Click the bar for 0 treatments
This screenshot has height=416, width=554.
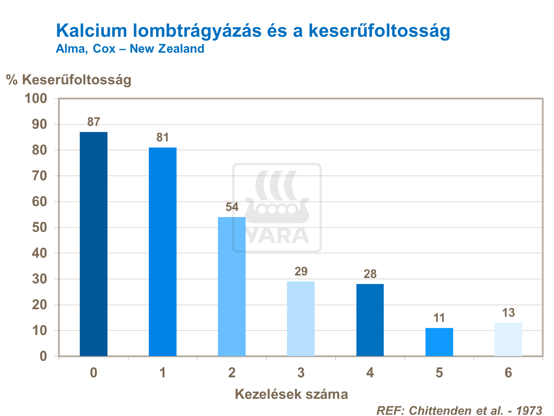click(x=93, y=244)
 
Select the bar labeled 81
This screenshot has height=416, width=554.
click(x=163, y=252)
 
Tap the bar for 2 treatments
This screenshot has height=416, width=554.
click(x=232, y=287)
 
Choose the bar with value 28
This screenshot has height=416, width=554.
click(x=370, y=320)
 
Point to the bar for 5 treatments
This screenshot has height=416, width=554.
click(x=439, y=342)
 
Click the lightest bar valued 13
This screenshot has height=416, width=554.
click(x=508, y=339)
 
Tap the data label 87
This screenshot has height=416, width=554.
click(x=93, y=122)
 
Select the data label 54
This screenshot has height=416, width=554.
click(x=232, y=207)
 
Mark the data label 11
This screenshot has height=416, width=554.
click(x=439, y=318)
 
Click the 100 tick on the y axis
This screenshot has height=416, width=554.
click(x=35, y=98)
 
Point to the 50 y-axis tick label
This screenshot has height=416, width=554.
click(x=40, y=227)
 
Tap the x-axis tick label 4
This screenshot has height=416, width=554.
click(x=370, y=373)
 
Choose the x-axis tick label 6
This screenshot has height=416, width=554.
click(x=508, y=373)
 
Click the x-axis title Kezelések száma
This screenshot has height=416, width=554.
click(x=291, y=394)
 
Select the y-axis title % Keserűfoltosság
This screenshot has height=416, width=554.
click(x=69, y=80)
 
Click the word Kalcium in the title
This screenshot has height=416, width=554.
click(x=92, y=30)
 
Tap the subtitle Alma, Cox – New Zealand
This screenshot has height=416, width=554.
click(x=130, y=49)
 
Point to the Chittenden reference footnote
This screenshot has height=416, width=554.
click(x=459, y=410)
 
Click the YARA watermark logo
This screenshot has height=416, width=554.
click(x=277, y=207)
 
